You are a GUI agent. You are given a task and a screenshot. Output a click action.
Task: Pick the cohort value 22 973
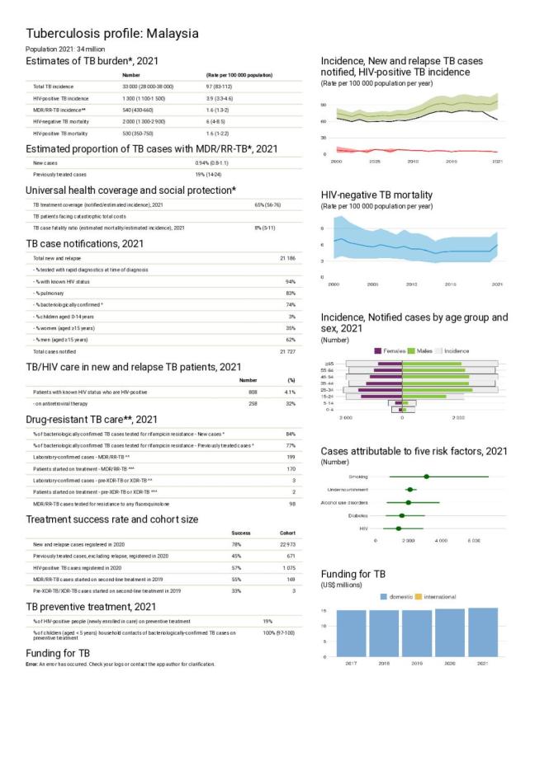click(286, 545)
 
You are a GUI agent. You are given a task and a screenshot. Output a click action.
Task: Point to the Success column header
click(240, 533)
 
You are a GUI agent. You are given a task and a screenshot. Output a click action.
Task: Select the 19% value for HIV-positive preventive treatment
click(267, 621)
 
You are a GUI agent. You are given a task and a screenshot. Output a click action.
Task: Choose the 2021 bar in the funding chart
click(482, 632)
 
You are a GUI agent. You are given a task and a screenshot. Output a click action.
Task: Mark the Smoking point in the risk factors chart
click(426, 477)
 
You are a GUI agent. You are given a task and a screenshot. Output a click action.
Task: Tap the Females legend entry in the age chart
click(390, 350)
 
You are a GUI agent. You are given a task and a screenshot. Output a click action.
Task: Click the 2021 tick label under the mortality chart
click(497, 284)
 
